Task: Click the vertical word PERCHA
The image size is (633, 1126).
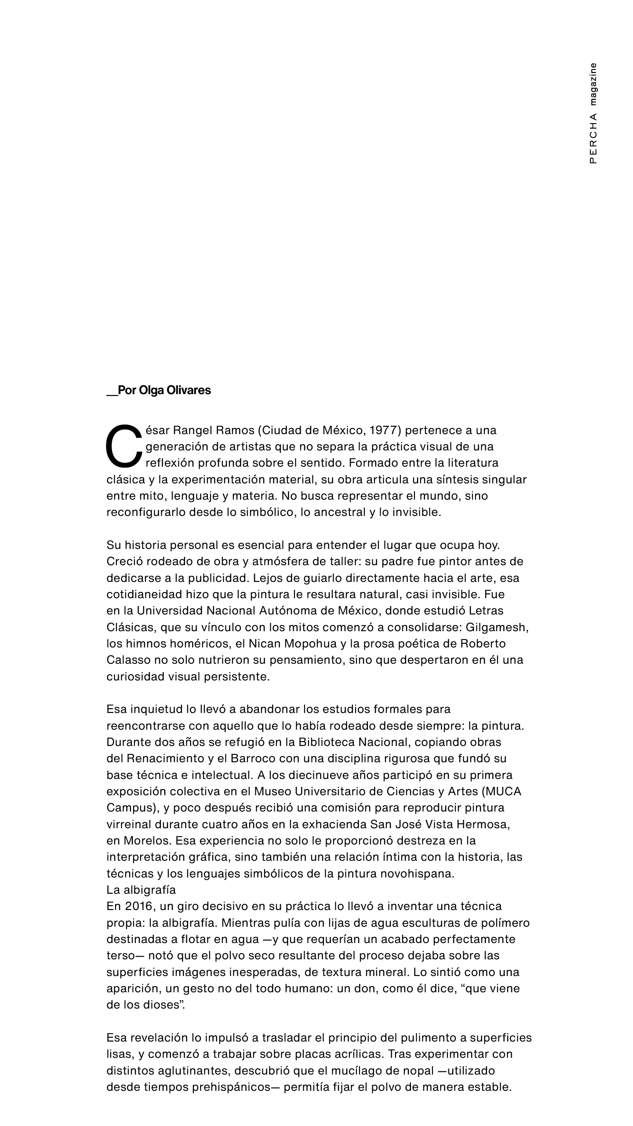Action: point(593,139)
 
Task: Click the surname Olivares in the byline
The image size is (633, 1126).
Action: point(189,390)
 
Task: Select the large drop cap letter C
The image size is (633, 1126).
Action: point(124,446)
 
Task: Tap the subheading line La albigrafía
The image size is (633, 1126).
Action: point(141,890)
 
